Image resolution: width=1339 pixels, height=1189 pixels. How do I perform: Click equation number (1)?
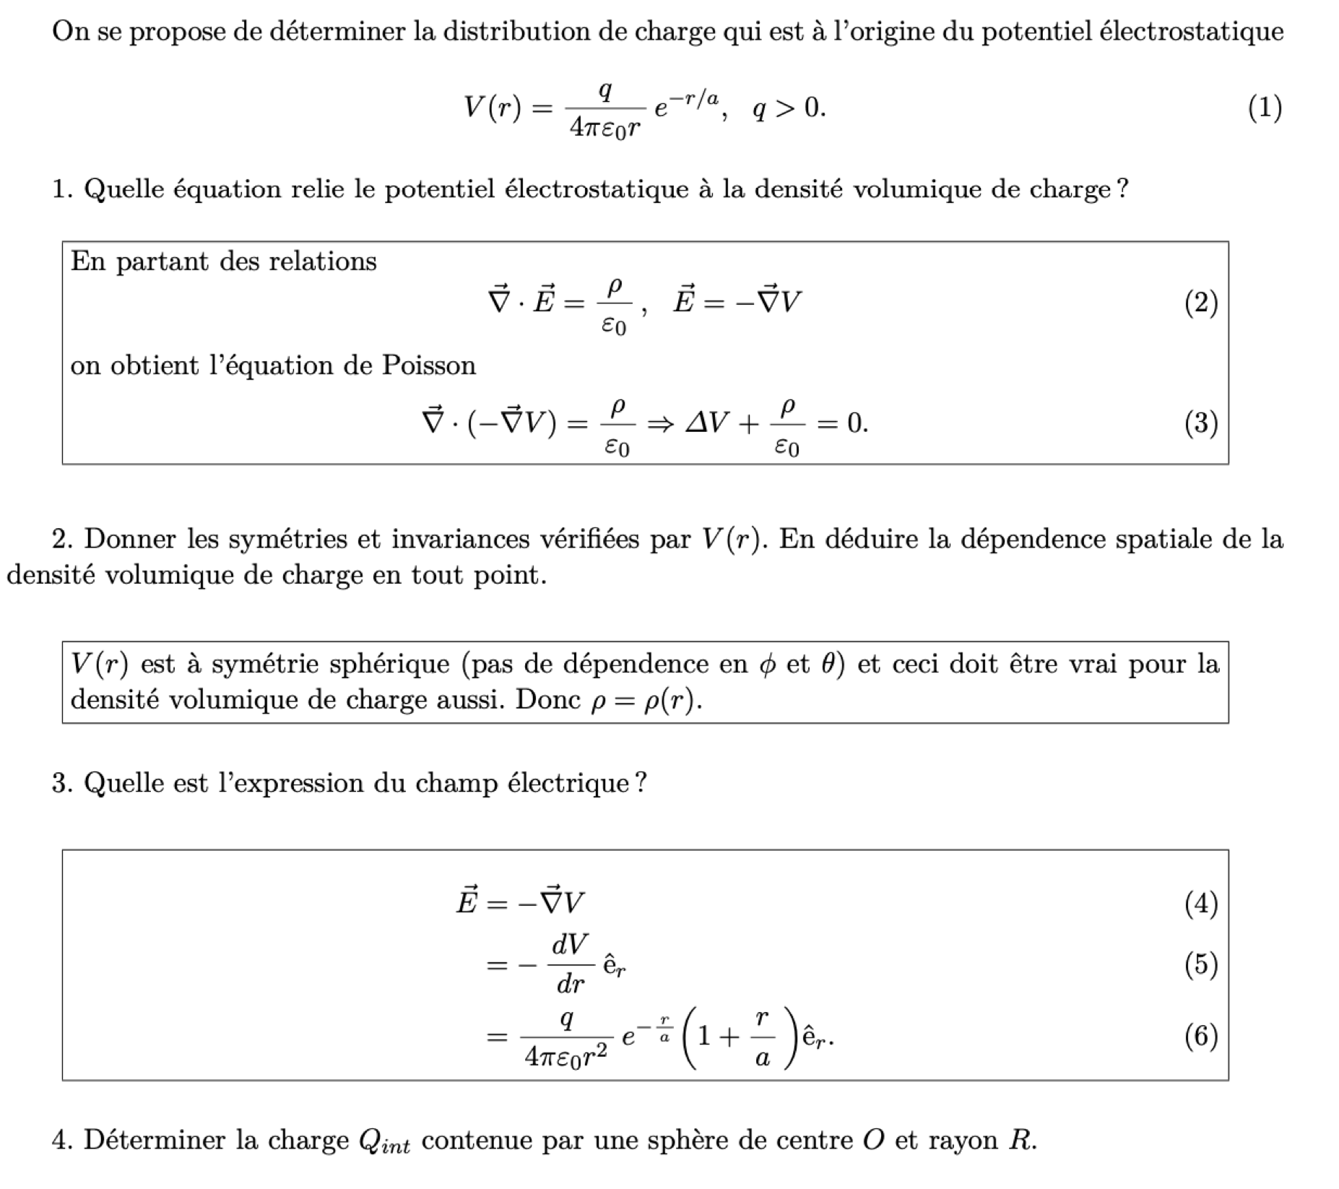pyautogui.click(x=1265, y=108)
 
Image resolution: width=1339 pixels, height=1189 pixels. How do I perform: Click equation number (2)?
pyautogui.click(x=1201, y=303)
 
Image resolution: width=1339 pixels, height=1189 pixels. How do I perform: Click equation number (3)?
pyautogui.click(x=1201, y=423)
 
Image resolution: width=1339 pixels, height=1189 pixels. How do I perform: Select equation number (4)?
pyautogui.click(x=1201, y=904)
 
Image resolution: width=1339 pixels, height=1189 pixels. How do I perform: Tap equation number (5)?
pyautogui.click(x=1201, y=964)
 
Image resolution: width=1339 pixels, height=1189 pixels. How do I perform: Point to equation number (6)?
pyautogui.click(x=1201, y=1036)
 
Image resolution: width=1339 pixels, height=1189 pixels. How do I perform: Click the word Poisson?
pyautogui.click(x=429, y=366)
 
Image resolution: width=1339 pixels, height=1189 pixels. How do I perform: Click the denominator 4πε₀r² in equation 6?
pyautogui.click(x=565, y=1057)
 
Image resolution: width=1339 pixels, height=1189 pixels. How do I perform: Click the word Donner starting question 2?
pyautogui.click(x=131, y=539)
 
